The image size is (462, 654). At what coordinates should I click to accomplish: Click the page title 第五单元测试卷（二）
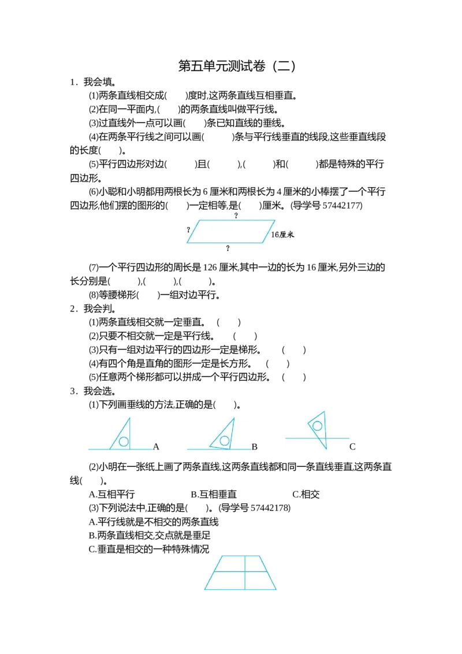(237, 66)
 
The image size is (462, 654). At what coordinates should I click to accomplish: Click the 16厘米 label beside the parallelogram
(282, 235)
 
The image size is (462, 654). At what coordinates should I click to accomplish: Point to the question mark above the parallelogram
(236, 215)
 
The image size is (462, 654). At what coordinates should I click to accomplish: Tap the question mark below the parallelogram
(228, 248)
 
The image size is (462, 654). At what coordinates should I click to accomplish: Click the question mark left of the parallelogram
(188, 230)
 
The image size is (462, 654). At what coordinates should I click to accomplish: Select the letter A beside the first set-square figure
(156, 447)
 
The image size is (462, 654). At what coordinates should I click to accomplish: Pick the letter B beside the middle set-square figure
(254, 447)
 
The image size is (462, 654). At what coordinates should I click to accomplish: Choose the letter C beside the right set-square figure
(352, 447)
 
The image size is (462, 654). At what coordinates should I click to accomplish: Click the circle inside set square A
(124, 441)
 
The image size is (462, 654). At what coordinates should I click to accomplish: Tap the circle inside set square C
(317, 426)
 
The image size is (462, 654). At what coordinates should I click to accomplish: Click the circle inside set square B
(224, 440)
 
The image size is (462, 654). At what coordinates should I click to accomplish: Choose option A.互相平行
(112, 494)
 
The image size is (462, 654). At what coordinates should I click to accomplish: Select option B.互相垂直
(214, 494)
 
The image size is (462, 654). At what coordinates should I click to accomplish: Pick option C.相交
(306, 494)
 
